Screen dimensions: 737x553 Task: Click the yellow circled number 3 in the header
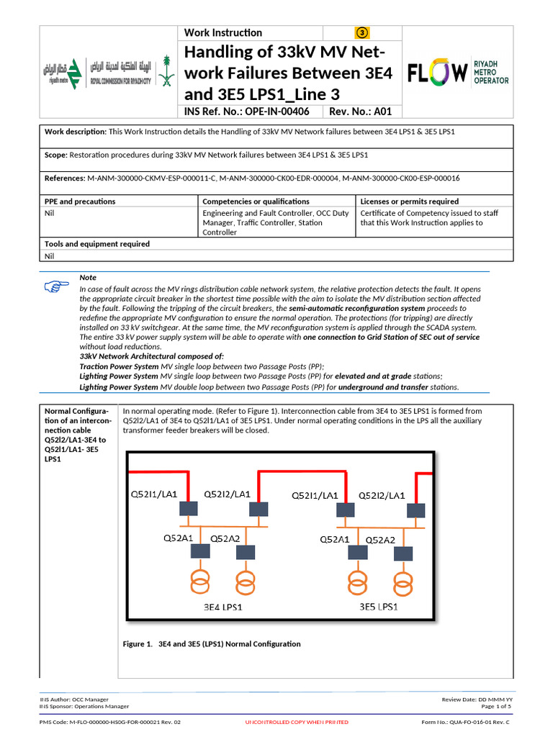[x=362, y=32]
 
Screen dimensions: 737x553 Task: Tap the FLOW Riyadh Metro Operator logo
[x=458, y=72]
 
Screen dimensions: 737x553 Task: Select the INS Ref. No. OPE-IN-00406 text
[x=247, y=112]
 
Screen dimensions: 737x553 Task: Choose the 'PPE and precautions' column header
[x=80, y=202]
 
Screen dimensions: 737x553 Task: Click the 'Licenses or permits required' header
[x=409, y=202]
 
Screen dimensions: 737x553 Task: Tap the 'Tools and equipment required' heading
[x=97, y=244]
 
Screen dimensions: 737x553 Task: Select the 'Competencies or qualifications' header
[x=256, y=202]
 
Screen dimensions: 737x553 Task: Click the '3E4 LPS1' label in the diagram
[x=222, y=607]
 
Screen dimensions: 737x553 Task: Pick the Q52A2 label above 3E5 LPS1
[x=381, y=540]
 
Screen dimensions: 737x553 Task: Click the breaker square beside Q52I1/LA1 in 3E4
[x=189, y=508]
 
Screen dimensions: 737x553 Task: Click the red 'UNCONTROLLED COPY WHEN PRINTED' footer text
[x=297, y=722]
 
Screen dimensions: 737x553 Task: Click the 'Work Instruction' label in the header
[x=223, y=32]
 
